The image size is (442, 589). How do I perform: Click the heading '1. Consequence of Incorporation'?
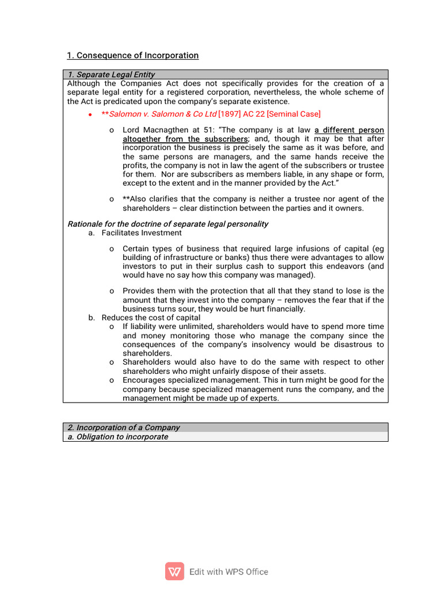pos(132,56)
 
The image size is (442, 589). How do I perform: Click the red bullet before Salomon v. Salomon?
pos(90,114)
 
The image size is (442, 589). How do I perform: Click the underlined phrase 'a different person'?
pos(349,130)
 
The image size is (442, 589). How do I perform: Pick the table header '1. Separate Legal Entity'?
pos(111,75)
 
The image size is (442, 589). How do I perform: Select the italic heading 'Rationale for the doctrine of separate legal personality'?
pos(168,224)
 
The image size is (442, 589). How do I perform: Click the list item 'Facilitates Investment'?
pos(141,233)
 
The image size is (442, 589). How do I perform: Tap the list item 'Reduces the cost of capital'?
pos(151,318)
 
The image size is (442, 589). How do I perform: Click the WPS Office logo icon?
pos(174,571)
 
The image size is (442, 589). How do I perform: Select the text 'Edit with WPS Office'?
pos(228,572)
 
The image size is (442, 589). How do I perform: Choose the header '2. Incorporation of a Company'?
pos(124,427)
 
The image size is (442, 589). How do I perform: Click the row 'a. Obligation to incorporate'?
pos(118,437)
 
